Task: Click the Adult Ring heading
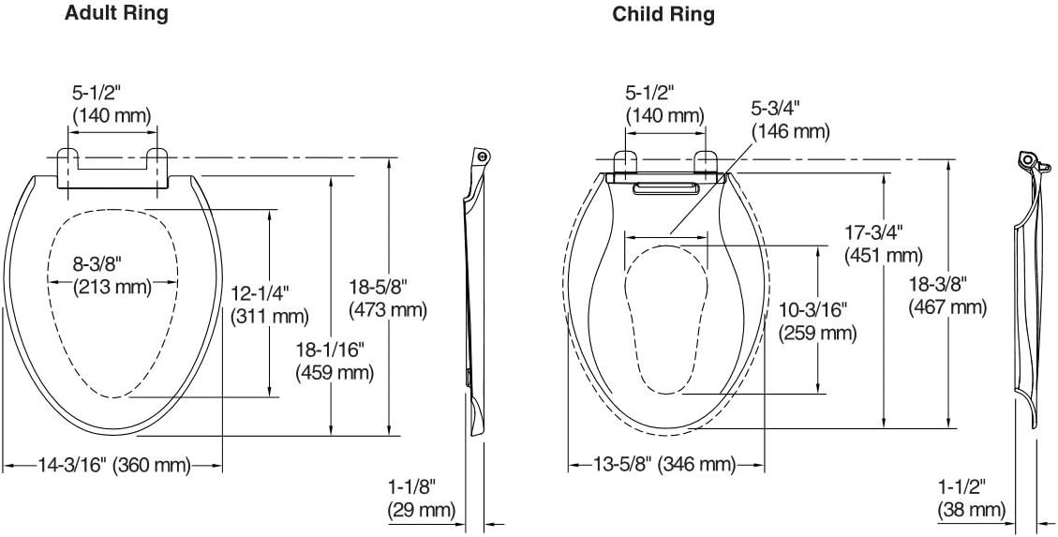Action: pyautogui.click(x=116, y=14)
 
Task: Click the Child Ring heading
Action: pyautogui.click(x=663, y=14)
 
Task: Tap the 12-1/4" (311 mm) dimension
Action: pyautogui.click(x=270, y=306)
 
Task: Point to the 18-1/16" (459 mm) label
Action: pyautogui.click(x=335, y=361)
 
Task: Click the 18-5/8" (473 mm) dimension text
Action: pyautogui.click(x=387, y=298)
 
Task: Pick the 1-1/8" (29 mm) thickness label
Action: pyautogui.click(x=421, y=498)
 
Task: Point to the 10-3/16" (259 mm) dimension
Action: pyautogui.click(x=818, y=321)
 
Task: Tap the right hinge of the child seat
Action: pyautogui.click(x=706, y=163)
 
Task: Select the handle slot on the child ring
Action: pyautogui.click(x=666, y=190)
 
